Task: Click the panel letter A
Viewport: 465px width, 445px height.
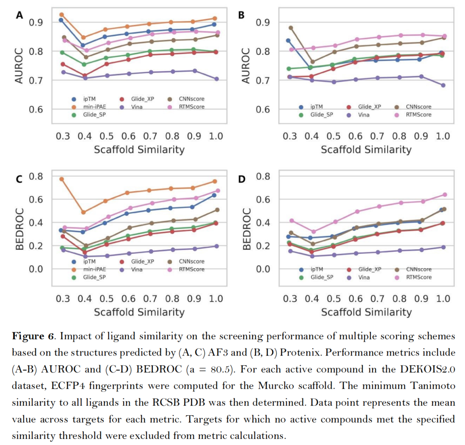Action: [x=19, y=15]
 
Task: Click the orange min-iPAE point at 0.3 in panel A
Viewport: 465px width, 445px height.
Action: [x=62, y=15]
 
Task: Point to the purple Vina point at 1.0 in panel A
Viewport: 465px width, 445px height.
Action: [x=217, y=79]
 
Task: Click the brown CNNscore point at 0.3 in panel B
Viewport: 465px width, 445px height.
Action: [x=291, y=28]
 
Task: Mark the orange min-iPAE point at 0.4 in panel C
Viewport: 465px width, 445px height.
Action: [x=84, y=212]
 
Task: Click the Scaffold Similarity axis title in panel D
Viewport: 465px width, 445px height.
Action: [x=366, y=312]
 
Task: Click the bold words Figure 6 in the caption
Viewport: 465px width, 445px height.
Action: [x=34, y=336]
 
